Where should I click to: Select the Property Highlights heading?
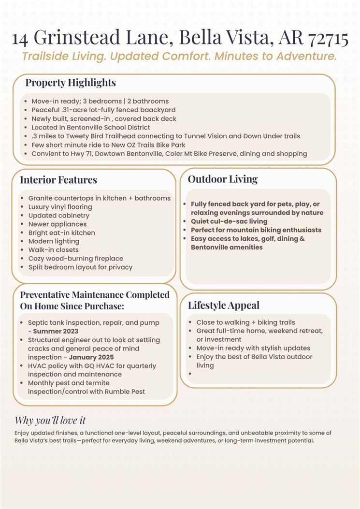[x=71, y=83]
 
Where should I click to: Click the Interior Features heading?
[x=58, y=180]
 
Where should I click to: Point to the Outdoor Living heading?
[x=223, y=179]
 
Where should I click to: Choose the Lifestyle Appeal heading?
[x=224, y=305]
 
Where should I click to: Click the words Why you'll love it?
[x=50, y=420]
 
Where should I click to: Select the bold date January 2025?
[x=92, y=357]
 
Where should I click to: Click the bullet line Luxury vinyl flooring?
[x=60, y=207]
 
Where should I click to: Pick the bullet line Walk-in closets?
[x=53, y=250]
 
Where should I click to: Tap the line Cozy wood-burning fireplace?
[x=75, y=259]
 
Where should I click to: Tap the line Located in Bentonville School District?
[x=91, y=128]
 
